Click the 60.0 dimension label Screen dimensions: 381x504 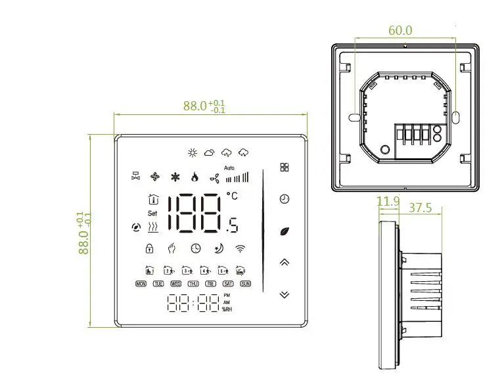tap(400, 30)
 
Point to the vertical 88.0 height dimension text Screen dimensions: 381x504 tap(83, 233)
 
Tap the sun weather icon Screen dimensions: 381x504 tap(193, 153)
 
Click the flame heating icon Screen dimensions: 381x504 tap(194, 177)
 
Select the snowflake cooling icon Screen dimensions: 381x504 tap(175, 177)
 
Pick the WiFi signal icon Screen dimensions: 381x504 tap(241, 248)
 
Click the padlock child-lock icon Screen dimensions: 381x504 tap(149, 248)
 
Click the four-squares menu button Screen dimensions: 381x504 tap(284, 168)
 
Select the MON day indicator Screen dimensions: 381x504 tap(141, 284)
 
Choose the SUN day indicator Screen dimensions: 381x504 tap(245, 284)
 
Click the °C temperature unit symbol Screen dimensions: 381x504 tap(233, 195)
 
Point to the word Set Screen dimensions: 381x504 tap(152, 213)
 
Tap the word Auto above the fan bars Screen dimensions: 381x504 tap(229, 168)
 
